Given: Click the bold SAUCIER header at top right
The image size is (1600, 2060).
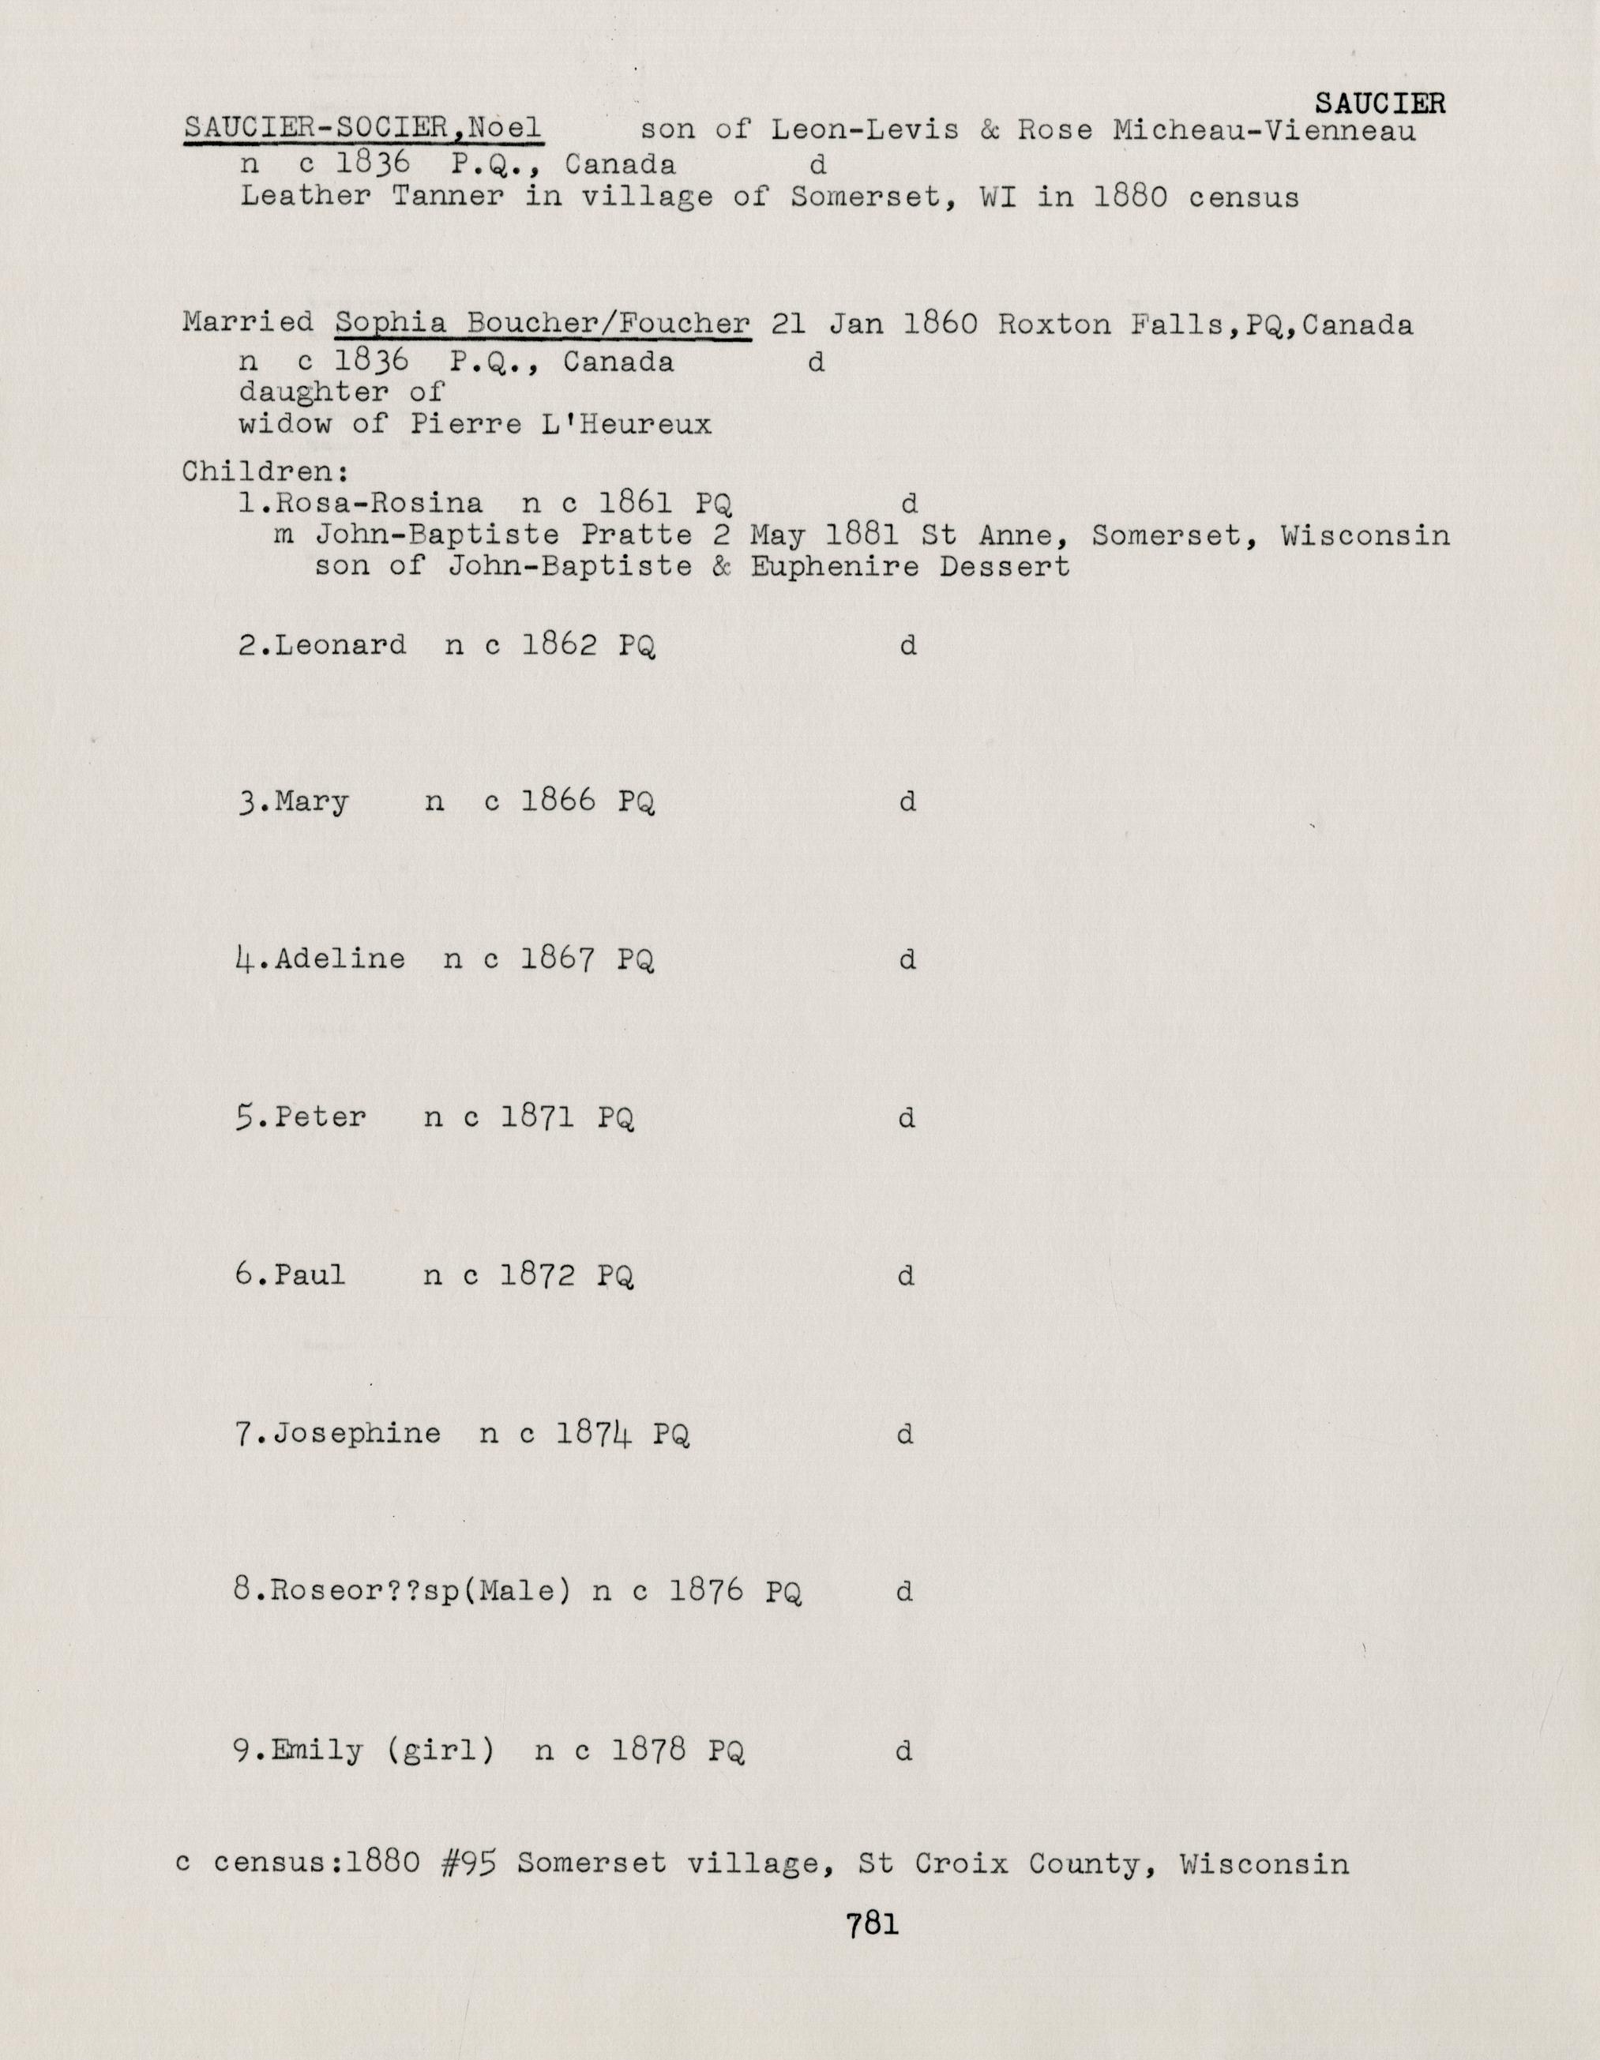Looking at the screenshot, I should coord(1378,103).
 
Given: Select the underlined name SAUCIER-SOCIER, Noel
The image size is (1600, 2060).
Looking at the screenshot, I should coord(362,128).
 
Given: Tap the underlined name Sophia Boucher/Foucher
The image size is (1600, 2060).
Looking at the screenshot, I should coord(543,324).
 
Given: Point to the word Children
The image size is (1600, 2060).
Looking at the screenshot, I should coord(263,471).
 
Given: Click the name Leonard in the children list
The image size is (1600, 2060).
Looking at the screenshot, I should coord(340,645).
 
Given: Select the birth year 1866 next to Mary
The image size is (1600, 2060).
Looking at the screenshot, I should coord(558,801).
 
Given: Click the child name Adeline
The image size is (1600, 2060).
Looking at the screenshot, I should coord(340,959).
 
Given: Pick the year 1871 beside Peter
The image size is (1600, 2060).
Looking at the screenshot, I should coord(538,1118).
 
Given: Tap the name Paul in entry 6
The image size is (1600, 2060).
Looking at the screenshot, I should coord(310,1275).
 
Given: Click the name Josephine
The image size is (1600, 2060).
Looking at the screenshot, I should coord(358,1434).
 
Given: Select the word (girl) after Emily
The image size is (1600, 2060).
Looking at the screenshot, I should coord(441,1750).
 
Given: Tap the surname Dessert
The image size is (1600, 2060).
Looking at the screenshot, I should coord(1005,567).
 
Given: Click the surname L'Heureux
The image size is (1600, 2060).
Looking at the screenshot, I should coord(626,425).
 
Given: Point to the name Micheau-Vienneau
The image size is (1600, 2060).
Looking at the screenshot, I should coord(1264,129).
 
